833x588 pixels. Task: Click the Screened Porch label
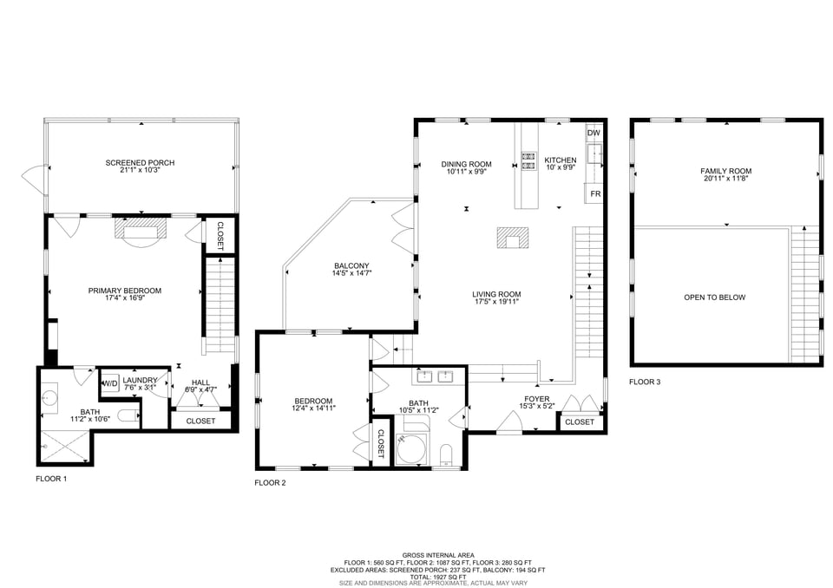(x=140, y=163)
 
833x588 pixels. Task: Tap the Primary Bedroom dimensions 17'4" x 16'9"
(x=125, y=299)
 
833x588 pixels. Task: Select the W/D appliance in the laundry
(x=111, y=383)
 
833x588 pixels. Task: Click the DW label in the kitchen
(x=594, y=133)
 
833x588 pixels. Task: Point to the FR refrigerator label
(x=595, y=193)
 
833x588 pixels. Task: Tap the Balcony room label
(x=351, y=266)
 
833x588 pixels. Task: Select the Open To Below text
(x=714, y=297)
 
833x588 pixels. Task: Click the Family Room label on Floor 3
(x=725, y=171)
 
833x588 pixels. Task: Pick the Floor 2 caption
(x=270, y=482)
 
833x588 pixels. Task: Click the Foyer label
(x=535, y=399)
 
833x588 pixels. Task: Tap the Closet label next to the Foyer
(x=579, y=422)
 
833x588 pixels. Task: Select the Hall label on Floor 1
(x=200, y=382)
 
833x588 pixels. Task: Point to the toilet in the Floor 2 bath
(x=447, y=455)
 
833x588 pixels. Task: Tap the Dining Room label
(x=466, y=164)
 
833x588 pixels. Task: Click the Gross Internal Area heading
(x=437, y=555)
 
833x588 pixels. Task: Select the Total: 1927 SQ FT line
(x=437, y=577)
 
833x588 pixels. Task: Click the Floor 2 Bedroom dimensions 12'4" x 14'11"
(x=314, y=408)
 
